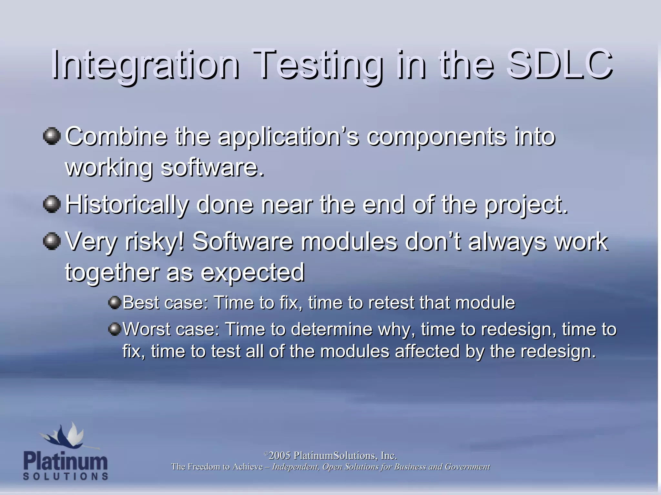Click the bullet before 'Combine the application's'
[x=52, y=136]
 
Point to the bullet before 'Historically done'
[x=52, y=204]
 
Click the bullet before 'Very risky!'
[x=52, y=241]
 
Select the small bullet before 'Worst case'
[x=114, y=329]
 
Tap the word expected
[x=253, y=273]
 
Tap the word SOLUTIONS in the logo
[x=66, y=476]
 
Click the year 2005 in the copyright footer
[x=280, y=456]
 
